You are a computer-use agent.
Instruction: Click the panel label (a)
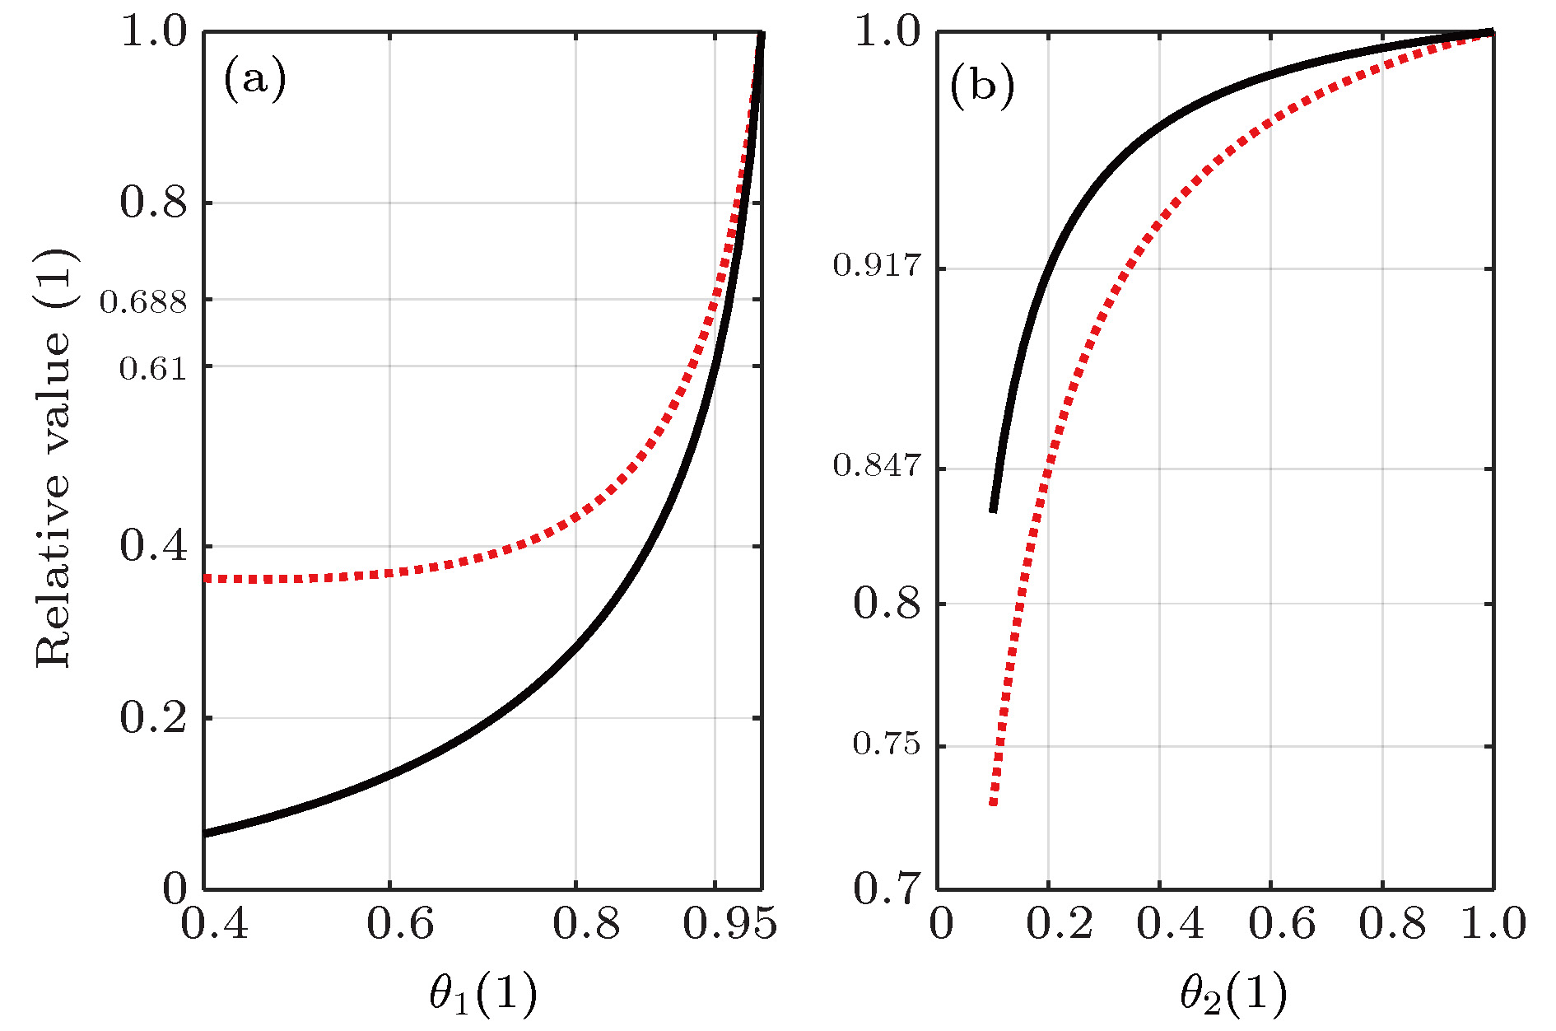254,81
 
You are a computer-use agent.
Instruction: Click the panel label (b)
981,85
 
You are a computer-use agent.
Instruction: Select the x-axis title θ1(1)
483,993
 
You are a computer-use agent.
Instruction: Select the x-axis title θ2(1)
1233,993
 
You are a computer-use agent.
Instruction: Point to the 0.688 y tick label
143,302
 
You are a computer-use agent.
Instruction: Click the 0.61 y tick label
153,368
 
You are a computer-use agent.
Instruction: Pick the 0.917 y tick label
877,265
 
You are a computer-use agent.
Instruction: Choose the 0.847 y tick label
877,465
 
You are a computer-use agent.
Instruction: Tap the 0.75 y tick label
886,744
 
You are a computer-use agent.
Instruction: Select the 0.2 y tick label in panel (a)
153,718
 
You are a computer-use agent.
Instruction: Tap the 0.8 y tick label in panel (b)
887,604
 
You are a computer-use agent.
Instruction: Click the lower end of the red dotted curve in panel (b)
994,802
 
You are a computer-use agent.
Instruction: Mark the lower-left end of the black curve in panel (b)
994,510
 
